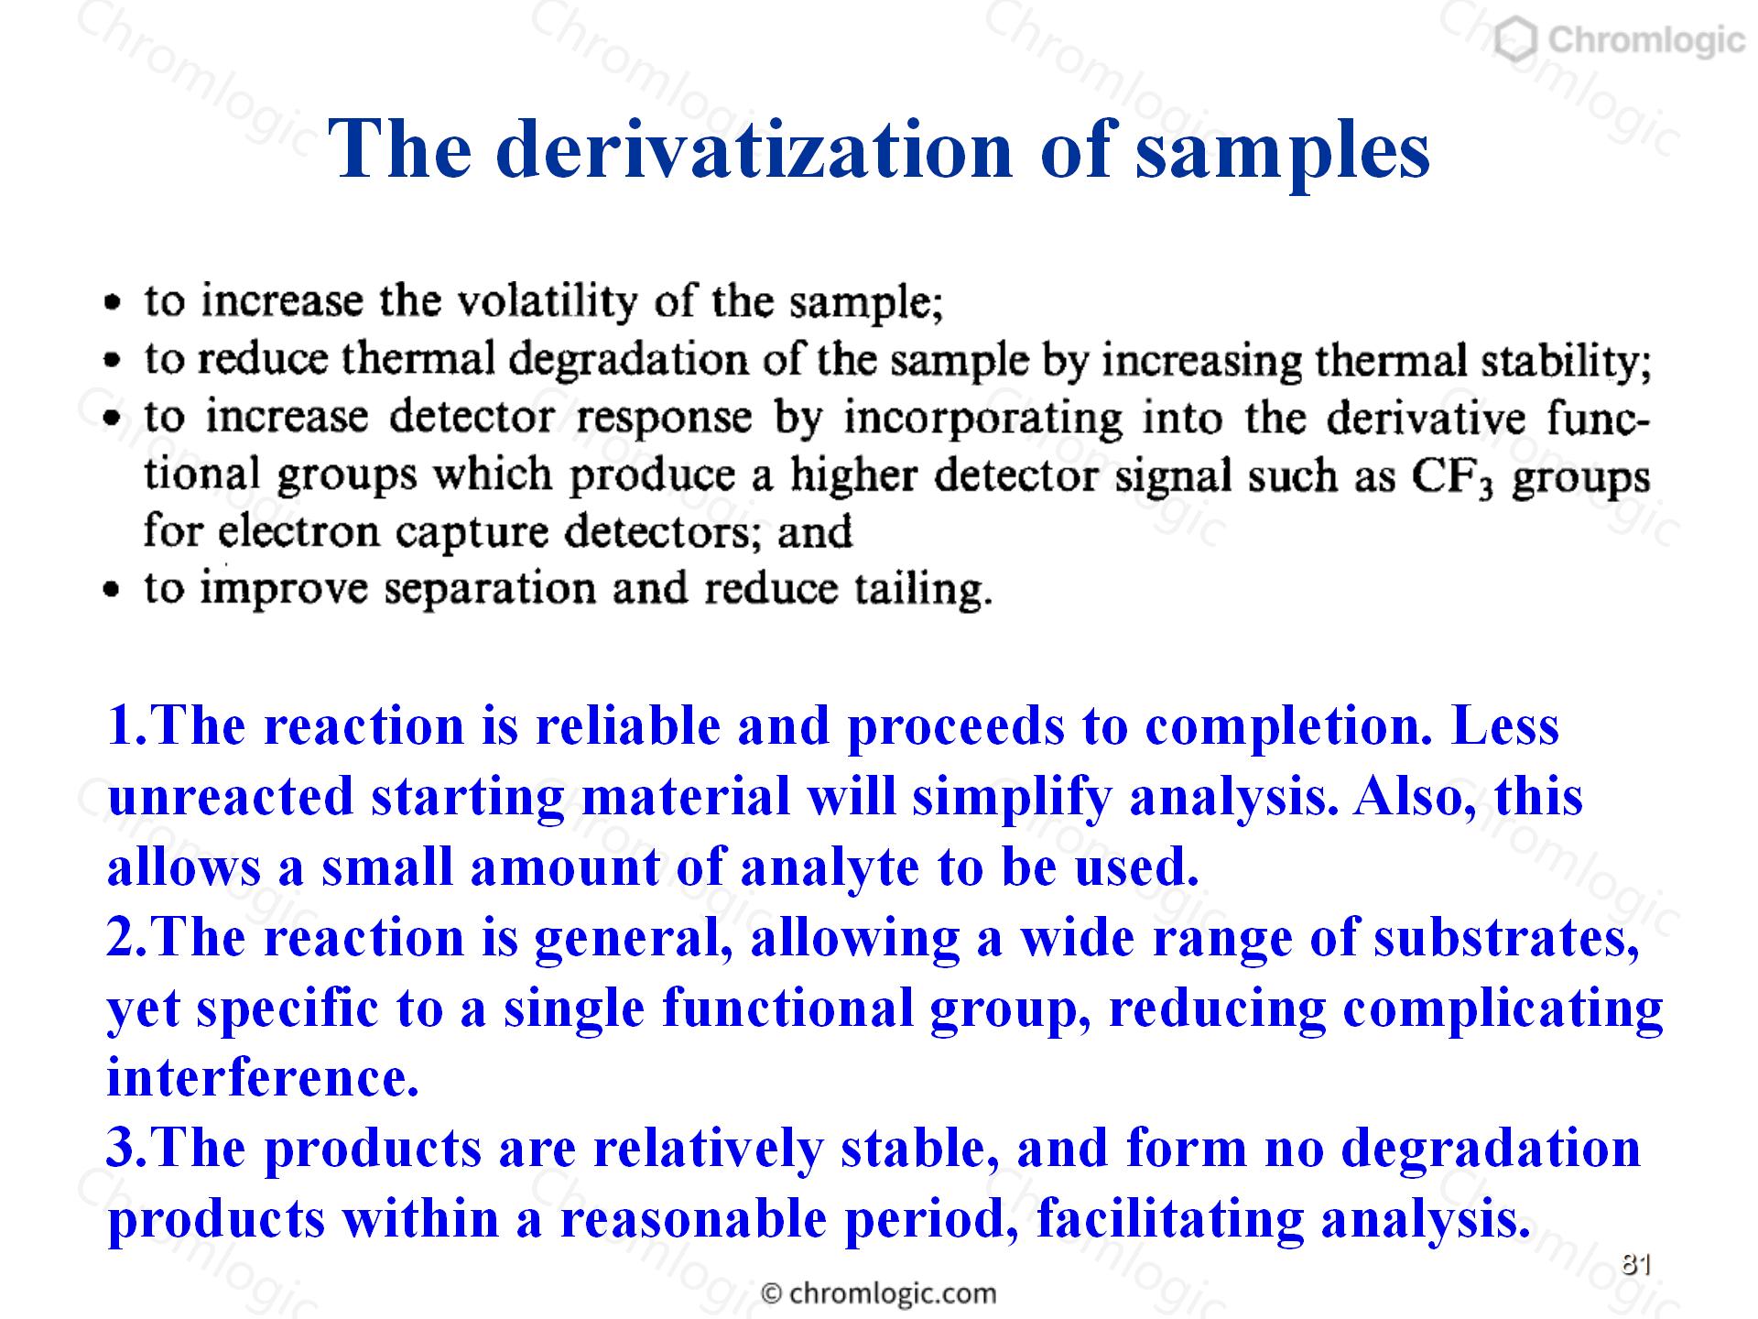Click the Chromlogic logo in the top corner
point(1618,41)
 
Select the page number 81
point(1635,1265)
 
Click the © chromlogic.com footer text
point(879,1293)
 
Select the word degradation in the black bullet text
point(628,361)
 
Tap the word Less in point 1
point(1505,726)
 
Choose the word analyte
point(829,868)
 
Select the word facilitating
point(1170,1219)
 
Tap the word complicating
point(1503,1009)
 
